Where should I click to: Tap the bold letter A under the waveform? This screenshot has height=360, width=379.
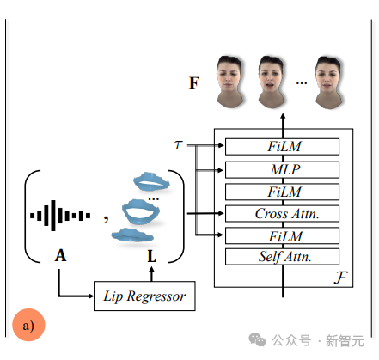tap(60, 255)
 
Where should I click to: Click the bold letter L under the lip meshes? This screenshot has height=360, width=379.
tap(153, 255)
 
